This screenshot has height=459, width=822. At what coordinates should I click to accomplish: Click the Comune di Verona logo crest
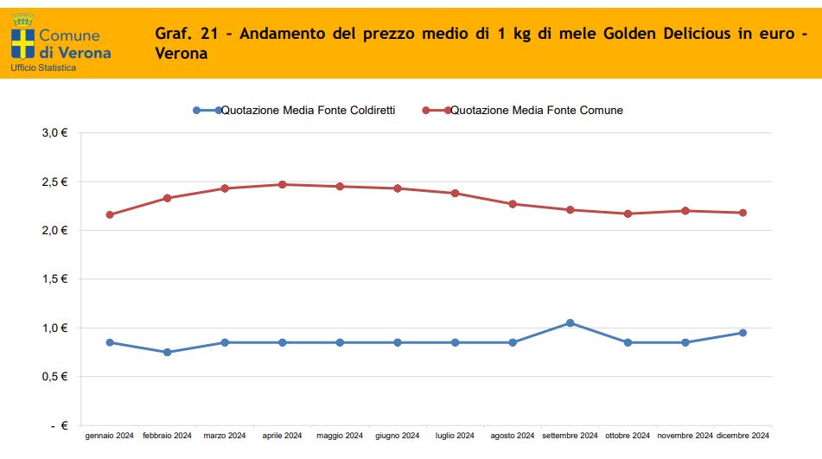point(22,37)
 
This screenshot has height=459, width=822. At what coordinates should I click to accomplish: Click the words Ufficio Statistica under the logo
point(43,67)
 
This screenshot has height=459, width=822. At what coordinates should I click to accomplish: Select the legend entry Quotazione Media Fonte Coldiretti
point(308,110)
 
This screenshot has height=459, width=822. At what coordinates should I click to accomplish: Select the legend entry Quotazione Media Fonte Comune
point(537,110)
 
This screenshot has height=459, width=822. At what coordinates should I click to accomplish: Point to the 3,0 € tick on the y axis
point(54,133)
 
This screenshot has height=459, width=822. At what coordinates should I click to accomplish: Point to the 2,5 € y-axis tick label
point(54,182)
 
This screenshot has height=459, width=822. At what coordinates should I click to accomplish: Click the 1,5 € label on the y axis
point(54,279)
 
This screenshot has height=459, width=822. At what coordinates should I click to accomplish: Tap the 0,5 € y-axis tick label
point(54,377)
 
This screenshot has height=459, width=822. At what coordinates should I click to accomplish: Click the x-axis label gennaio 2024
point(110,436)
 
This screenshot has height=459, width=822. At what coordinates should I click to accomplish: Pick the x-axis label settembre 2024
point(570,436)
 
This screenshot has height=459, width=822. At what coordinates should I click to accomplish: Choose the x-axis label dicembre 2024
point(742,436)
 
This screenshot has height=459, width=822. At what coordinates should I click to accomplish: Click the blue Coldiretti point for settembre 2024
point(570,322)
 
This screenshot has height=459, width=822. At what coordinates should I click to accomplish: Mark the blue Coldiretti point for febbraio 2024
point(167,352)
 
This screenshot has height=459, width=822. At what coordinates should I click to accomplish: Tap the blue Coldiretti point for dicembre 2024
point(742,333)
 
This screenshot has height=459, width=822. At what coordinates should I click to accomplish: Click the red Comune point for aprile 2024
point(282,184)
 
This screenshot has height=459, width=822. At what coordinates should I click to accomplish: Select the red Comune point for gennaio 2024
point(110,214)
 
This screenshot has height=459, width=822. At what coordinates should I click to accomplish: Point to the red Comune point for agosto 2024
point(513,204)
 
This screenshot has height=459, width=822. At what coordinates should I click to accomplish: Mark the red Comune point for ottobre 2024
point(628,214)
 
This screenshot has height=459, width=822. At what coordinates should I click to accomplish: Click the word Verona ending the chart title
point(182,54)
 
